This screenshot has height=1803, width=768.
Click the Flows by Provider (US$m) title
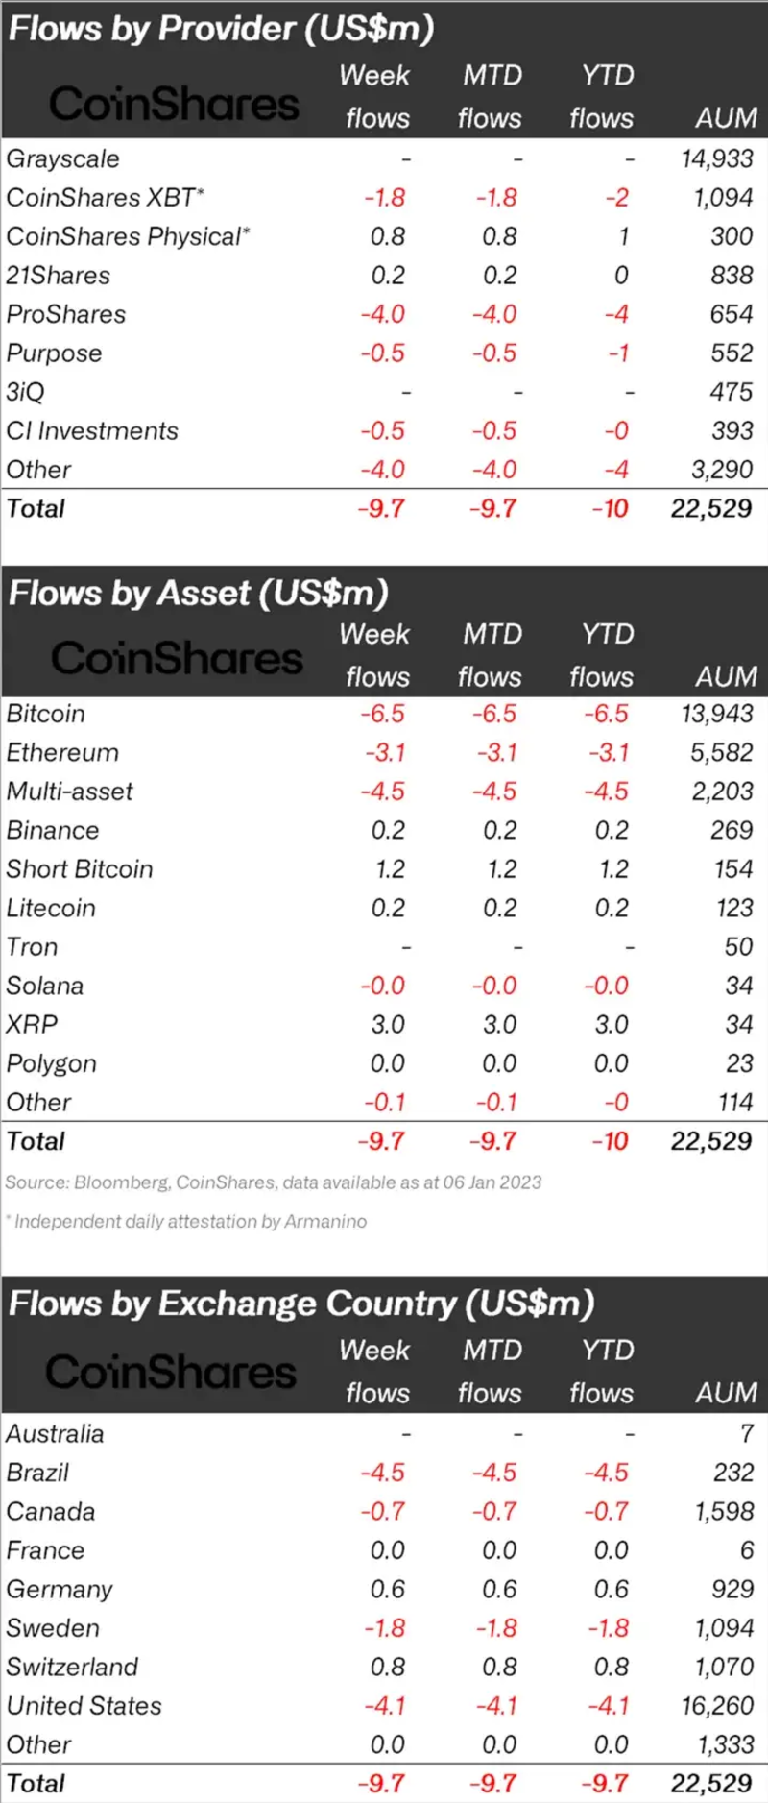[x=221, y=28]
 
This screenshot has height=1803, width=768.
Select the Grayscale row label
[x=63, y=158]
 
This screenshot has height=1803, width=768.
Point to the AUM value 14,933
[x=717, y=158]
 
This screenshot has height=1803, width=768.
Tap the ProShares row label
[x=66, y=314]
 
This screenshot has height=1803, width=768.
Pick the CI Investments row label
[x=92, y=430]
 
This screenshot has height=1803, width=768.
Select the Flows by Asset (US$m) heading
[x=198, y=593]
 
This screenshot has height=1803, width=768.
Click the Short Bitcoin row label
[x=80, y=869]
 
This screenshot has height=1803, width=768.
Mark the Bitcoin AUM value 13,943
[x=717, y=714]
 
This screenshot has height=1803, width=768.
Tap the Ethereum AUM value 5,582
[x=722, y=752]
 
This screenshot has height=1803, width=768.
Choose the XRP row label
[x=32, y=1025]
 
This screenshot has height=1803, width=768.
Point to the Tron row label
[x=32, y=947]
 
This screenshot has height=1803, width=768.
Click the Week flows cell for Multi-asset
[x=382, y=792]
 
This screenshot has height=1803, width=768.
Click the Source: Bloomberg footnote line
[x=274, y=1182]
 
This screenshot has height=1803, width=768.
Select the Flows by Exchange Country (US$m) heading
[x=301, y=1304]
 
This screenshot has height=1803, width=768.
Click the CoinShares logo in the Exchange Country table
[x=171, y=1372]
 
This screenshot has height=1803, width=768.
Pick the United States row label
[x=84, y=1706]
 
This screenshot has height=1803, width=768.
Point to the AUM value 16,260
[x=717, y=1706]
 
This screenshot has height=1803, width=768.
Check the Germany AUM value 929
[x=732, y=1589]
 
